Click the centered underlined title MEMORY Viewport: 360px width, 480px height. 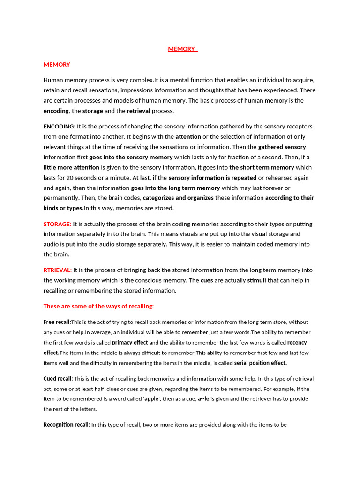tap(182, 49)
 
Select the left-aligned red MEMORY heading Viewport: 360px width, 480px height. tap(57, 64)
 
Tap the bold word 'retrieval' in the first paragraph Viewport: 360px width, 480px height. tap(138, 111)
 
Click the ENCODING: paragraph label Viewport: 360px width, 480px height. tap(59, 127)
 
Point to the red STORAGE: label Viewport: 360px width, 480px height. tap(57, 224)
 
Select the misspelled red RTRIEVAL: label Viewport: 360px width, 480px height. tap(57, 270)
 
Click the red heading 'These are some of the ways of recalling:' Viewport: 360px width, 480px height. tap(98, 306)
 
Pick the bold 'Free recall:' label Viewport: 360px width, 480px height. tap(57, 322)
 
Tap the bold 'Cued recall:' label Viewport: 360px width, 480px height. tap(58, 379)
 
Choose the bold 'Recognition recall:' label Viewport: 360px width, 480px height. tap(67, 425)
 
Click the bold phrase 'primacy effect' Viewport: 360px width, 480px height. tap(130, 343)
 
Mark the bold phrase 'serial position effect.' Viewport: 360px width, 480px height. tap(260, 363)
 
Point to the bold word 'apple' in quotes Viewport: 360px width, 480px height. tap(151, 399)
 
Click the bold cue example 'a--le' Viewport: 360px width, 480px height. tap(203, 399)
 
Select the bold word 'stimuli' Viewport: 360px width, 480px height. tap(257, 280)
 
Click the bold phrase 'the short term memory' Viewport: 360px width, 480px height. tap(262, 167)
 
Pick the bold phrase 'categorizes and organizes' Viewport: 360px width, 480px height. tap(178, 198)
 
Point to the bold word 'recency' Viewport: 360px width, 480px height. tap(298, 343)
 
